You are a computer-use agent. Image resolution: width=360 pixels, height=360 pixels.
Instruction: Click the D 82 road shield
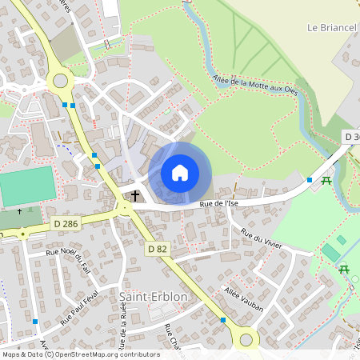156,250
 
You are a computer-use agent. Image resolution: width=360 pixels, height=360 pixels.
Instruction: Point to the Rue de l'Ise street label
219,205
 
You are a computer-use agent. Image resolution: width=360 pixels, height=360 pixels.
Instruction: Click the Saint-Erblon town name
153,296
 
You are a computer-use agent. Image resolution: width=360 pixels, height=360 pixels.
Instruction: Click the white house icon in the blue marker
180,173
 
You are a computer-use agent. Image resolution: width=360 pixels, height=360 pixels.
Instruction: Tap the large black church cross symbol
135,196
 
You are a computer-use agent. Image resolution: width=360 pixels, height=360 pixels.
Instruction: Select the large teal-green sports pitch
27,186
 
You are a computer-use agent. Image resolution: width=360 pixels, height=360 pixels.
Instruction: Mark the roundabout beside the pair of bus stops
61,80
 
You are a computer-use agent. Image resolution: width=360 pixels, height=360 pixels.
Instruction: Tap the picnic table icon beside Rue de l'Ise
326,182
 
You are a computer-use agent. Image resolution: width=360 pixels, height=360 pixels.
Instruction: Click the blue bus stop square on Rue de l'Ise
310,180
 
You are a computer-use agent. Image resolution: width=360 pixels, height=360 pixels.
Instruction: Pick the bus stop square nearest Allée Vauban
222,320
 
